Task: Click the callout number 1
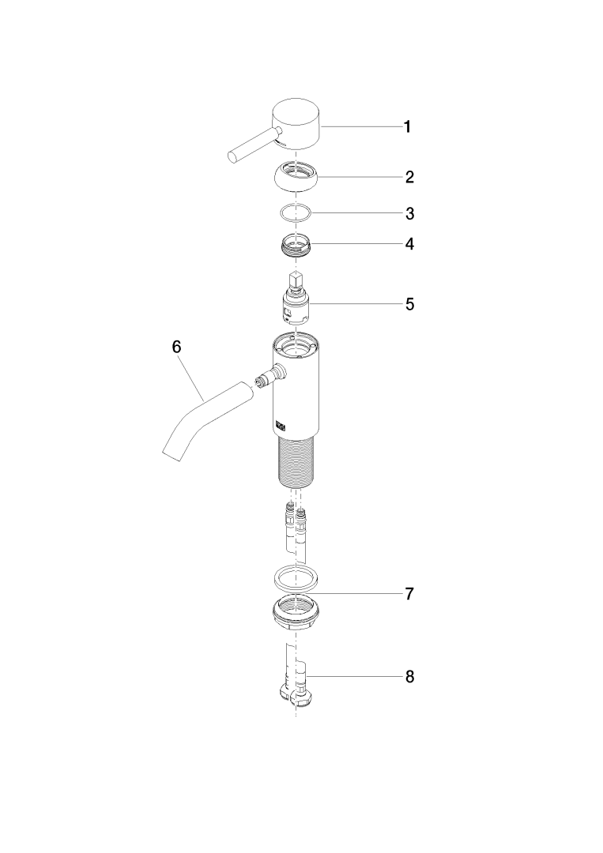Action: [407, 127]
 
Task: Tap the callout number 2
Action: [409, 177]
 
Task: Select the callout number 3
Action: [410, 213]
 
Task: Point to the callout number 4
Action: [409, 244]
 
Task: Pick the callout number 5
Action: [410, 304]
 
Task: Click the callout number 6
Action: [176, 347]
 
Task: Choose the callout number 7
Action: [409, 593]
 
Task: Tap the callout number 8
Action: [410, 677]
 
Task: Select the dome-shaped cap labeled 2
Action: [297, 178]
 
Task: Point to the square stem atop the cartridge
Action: [296, 280]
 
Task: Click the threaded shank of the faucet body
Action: [297, 462]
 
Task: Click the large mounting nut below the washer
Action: [297, 614]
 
